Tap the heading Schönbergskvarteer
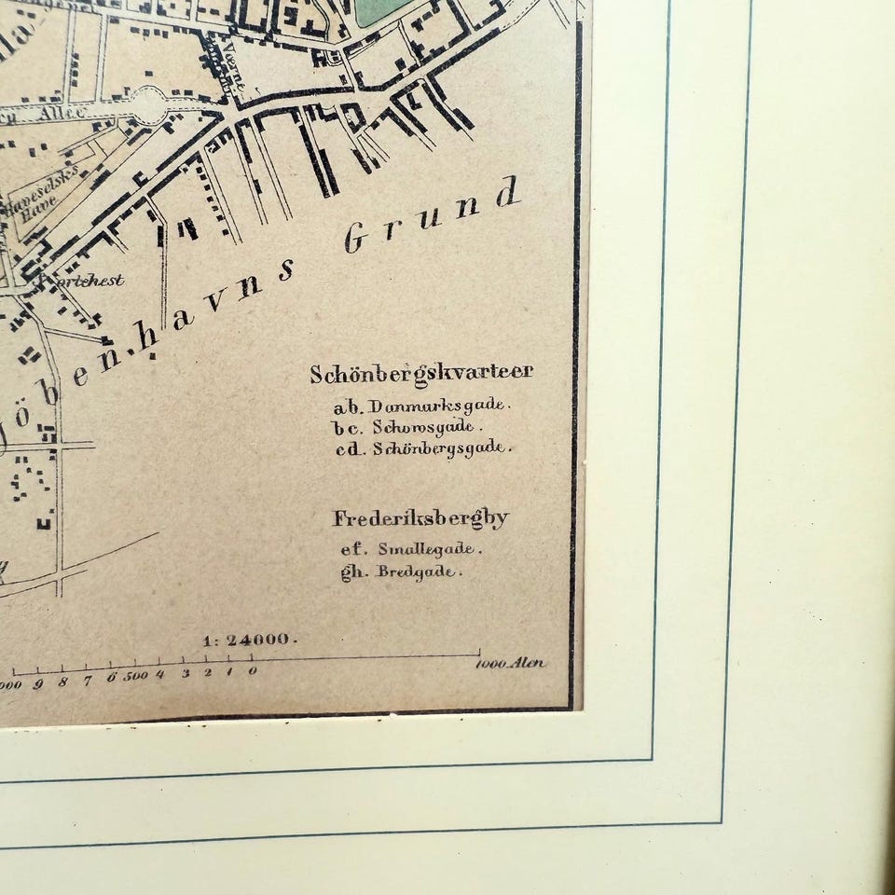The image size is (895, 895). coord(421,373)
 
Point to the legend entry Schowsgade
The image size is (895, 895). coord(428,427)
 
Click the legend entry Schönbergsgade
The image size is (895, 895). coord(442,447)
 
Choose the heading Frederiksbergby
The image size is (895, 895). coord(421,518)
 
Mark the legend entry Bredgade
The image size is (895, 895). coord(417,571)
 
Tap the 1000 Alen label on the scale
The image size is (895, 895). coord(510,664)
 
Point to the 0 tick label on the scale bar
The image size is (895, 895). coord(253,671)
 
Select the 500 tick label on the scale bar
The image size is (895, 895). coord(135,675)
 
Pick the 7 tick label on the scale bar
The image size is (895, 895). coord(88,680)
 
